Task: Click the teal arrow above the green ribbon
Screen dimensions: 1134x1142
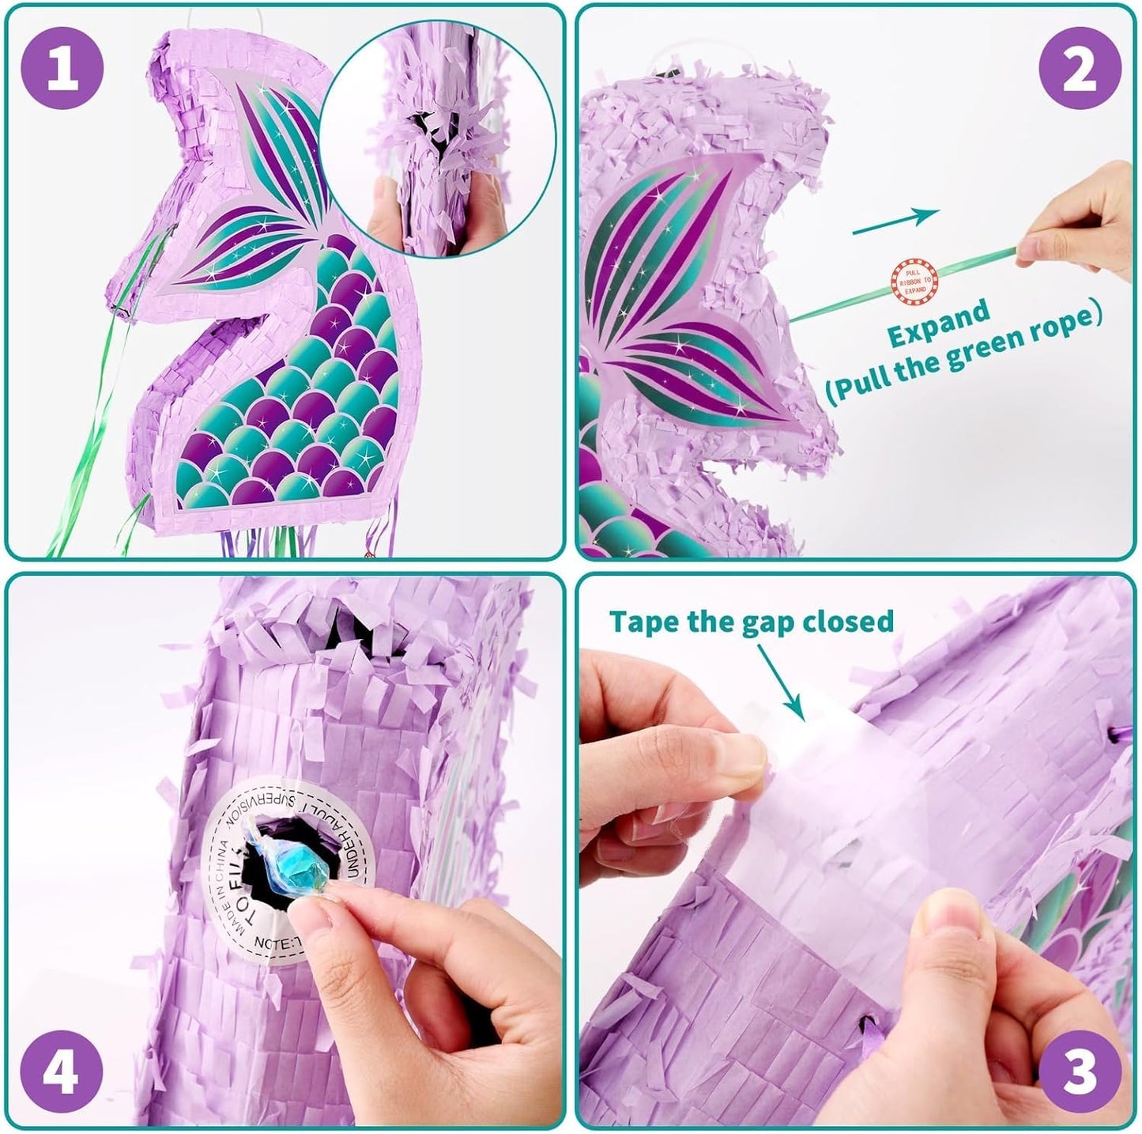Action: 895,222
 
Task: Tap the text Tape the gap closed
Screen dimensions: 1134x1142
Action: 751,622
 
